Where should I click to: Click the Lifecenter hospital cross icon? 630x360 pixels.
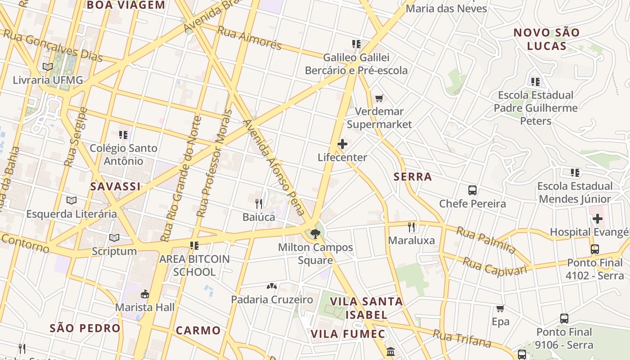342,144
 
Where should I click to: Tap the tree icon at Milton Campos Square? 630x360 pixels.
315,234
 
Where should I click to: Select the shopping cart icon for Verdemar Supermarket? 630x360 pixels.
379,98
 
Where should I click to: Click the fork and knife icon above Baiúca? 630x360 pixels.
259,203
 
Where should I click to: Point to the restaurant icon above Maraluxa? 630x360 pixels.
411,227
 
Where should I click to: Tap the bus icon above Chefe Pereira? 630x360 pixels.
472,190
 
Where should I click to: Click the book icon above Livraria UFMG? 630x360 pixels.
48,67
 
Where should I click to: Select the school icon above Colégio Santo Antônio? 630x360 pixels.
123,135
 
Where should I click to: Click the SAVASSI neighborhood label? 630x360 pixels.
116,186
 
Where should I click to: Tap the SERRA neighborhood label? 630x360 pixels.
413,177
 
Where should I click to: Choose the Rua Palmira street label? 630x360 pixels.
486,240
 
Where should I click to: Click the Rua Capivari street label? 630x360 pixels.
495,266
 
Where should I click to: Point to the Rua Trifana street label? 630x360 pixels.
462,338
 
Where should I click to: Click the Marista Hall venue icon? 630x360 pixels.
144,294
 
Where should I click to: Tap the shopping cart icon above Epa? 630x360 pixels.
500,308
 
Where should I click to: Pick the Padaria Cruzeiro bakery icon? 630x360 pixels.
271,286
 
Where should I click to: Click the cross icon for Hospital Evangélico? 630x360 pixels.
597,219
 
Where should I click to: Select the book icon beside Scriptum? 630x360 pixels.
114,238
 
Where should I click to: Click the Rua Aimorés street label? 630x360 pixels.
249,38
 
